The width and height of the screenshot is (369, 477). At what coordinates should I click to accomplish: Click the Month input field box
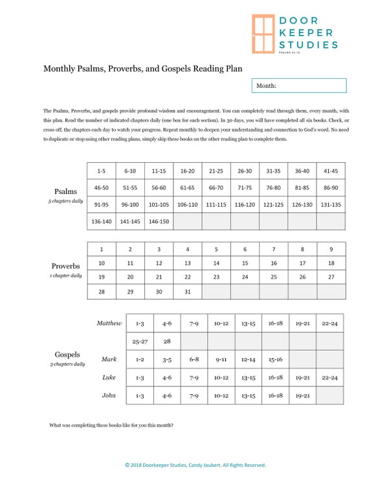298,85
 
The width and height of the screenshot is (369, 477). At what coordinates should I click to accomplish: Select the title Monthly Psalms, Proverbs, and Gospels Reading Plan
143,68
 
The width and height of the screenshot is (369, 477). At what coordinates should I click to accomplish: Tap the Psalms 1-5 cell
101,171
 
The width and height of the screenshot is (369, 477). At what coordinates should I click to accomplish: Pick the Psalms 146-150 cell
159,222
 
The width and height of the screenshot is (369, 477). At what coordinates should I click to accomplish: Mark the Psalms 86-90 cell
331,188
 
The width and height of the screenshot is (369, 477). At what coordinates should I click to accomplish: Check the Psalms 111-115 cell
216,205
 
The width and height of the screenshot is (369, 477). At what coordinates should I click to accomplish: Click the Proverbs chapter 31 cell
188,292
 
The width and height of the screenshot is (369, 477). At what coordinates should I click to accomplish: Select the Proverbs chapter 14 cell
216,264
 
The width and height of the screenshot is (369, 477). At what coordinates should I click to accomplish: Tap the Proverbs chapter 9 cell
331,249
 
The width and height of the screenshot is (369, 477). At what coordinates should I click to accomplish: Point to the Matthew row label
109,323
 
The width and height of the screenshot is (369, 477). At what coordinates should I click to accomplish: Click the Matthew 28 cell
166,341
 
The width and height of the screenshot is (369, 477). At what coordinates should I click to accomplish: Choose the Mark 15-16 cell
274,359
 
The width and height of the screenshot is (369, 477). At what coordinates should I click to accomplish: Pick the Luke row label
109,377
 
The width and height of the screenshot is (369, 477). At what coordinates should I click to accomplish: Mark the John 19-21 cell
302,396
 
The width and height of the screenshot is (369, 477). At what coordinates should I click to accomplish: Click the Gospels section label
67,355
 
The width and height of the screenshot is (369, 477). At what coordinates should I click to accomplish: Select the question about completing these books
111,425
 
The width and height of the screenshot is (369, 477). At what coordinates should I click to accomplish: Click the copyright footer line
194,465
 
